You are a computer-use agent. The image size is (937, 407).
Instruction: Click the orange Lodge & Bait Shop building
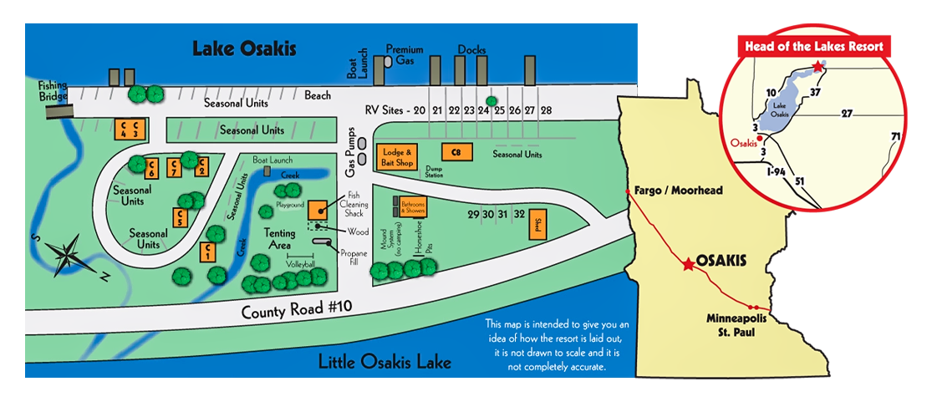[398, 156]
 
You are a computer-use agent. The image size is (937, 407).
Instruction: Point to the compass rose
[68, 253]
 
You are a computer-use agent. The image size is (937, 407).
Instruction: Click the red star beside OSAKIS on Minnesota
[687, 264]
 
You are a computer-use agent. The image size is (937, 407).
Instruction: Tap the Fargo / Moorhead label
[678, 191]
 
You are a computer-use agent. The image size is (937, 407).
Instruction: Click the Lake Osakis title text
[244, 48]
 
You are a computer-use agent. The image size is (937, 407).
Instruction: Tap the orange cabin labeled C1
[206, 251]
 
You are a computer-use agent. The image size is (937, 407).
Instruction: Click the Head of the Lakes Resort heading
[814, 47]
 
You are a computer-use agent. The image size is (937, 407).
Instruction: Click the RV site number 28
[546, 110]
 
